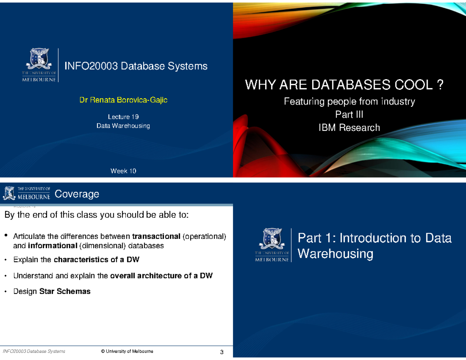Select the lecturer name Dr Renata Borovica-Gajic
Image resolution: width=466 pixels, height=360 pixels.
point(123,101)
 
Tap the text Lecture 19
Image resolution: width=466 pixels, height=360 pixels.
point(123,117)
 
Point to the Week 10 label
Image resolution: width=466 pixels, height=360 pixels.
point(123,171)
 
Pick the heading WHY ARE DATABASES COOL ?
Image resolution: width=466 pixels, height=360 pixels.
point(344,84)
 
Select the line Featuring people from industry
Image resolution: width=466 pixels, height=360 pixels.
point(349,102)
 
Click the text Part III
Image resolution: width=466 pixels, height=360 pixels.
point(349,115)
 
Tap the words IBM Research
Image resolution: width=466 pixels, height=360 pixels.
point(349,127)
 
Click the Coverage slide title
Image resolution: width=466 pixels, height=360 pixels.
point(77,194)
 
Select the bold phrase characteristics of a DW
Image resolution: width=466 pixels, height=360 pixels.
point(96,260)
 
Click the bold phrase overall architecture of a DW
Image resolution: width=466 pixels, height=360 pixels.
point(161,276)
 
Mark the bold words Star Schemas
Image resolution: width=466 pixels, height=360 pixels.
point(65,291)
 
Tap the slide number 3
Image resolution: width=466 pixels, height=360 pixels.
point(222,352)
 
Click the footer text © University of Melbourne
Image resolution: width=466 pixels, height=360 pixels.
point(127,351)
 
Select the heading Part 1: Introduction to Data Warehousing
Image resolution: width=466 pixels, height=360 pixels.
point(374,246)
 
